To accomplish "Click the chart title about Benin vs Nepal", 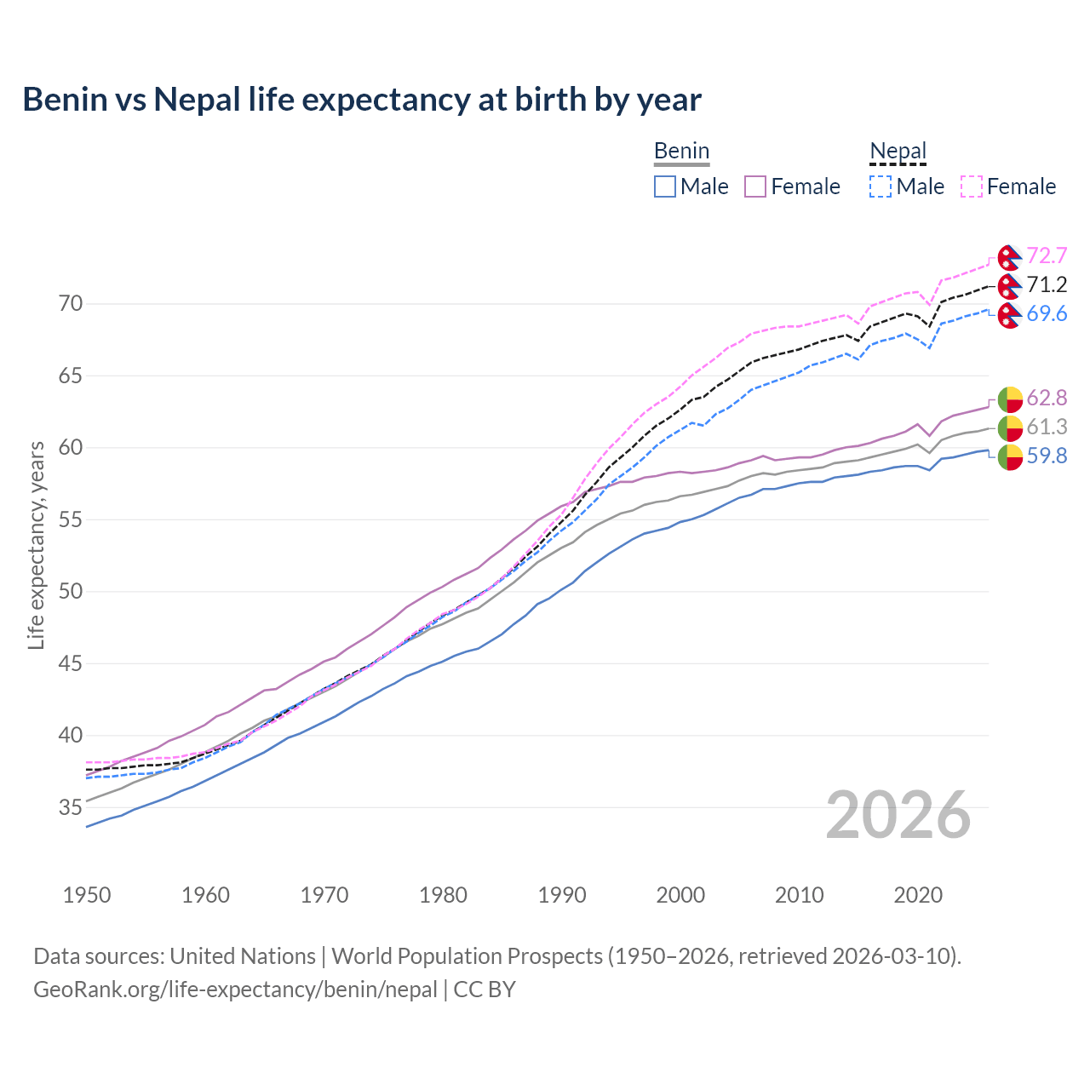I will [362, 100].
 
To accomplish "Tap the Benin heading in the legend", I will [681, 151].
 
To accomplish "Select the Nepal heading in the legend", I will [898, 151].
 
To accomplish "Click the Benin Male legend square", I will [665, 186].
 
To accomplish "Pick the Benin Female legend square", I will [755, 186].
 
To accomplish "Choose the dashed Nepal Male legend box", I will [881, 186].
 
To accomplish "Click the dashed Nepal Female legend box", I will [972, 186].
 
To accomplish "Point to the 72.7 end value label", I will [1047, 255].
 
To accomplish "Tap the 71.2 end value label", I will [1047, 284].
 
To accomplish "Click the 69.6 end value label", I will [1047, 313].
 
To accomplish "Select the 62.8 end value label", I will [1047, 398].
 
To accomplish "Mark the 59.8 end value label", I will [1047, 456].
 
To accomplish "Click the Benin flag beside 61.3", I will [1009, 427].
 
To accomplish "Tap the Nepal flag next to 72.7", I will [1009, 256].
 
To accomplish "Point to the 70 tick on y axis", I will [72, 304].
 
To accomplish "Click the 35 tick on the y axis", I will [72, 807].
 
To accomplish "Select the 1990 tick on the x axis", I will [562, 895].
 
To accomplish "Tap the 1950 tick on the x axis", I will [87, 895].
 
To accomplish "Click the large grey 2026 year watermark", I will [898, 815].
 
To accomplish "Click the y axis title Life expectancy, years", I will [36, 545].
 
